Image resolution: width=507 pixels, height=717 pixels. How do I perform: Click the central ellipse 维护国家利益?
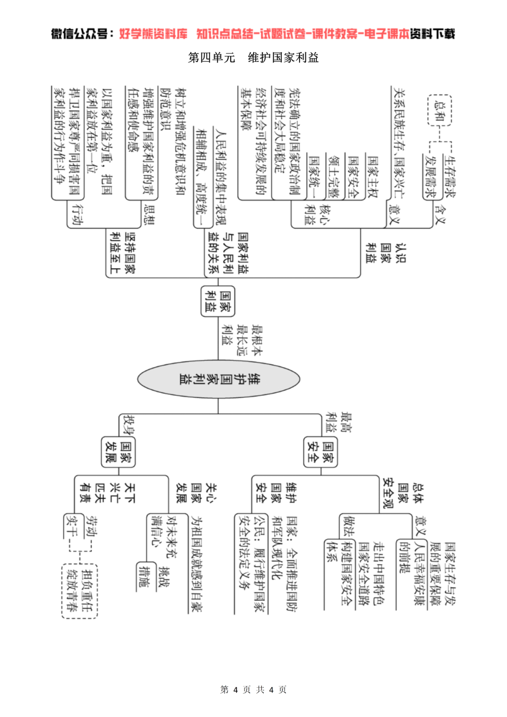218,379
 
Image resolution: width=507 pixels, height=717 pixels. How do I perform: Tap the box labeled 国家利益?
218,301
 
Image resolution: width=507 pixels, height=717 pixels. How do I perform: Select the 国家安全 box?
321,452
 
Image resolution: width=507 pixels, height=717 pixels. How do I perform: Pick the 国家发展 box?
118,452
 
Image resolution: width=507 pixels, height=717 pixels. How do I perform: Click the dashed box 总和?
439,110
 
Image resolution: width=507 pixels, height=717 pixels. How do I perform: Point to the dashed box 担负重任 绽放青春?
79,591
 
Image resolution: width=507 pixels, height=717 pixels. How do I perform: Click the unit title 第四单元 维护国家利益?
253,58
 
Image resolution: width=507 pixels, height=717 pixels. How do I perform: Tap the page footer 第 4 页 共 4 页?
253,689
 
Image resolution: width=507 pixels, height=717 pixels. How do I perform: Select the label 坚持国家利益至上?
123,252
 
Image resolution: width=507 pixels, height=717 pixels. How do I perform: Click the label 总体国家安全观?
402,493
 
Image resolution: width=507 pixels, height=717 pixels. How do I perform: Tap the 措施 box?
144,576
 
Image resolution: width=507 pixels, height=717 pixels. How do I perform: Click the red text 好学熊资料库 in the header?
153,34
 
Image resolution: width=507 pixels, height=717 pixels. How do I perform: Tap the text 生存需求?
450,177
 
